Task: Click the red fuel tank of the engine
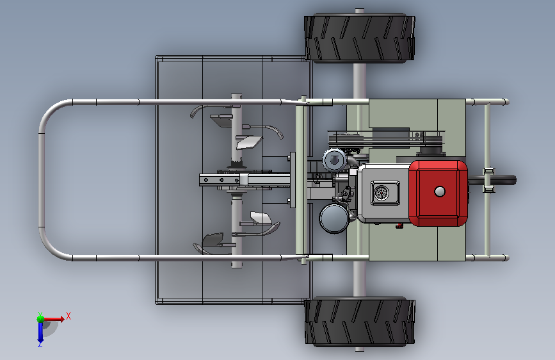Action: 438,193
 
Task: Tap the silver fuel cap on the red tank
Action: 440,192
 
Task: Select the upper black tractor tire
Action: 359,38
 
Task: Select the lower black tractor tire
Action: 360,322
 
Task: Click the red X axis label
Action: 68,316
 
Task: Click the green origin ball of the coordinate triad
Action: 41,319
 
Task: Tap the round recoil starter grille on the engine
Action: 382,193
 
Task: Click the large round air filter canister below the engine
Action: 334,218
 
